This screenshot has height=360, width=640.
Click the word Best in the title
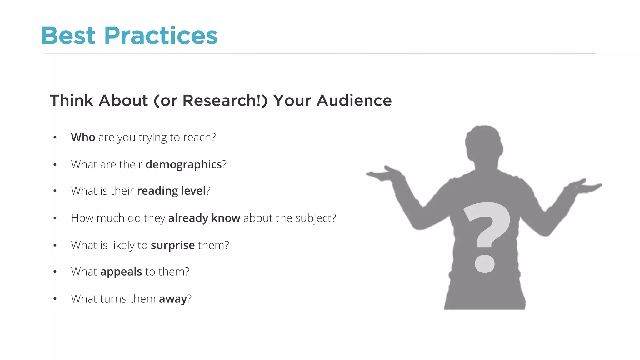click(x=68, y=36)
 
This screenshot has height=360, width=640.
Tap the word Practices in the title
click(x=161, y=36)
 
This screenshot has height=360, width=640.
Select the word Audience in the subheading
click(x=354, y=101)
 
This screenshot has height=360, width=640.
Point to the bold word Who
click(x=83, y=137)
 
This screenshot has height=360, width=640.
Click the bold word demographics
click(x=184, y=164)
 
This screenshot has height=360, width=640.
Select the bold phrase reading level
click(x=172, y=191)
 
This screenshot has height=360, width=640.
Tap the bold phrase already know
click(x=204, y=218)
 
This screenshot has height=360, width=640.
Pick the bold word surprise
click(x=173, y=245)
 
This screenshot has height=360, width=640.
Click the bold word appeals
click(x=121, y=272)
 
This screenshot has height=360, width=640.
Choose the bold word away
click(x=173, y=299)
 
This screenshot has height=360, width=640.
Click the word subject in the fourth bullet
click(x=313, y=218)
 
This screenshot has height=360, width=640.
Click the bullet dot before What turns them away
click(x=55, y=299)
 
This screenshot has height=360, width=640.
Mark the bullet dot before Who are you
click(x=55, y=137)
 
